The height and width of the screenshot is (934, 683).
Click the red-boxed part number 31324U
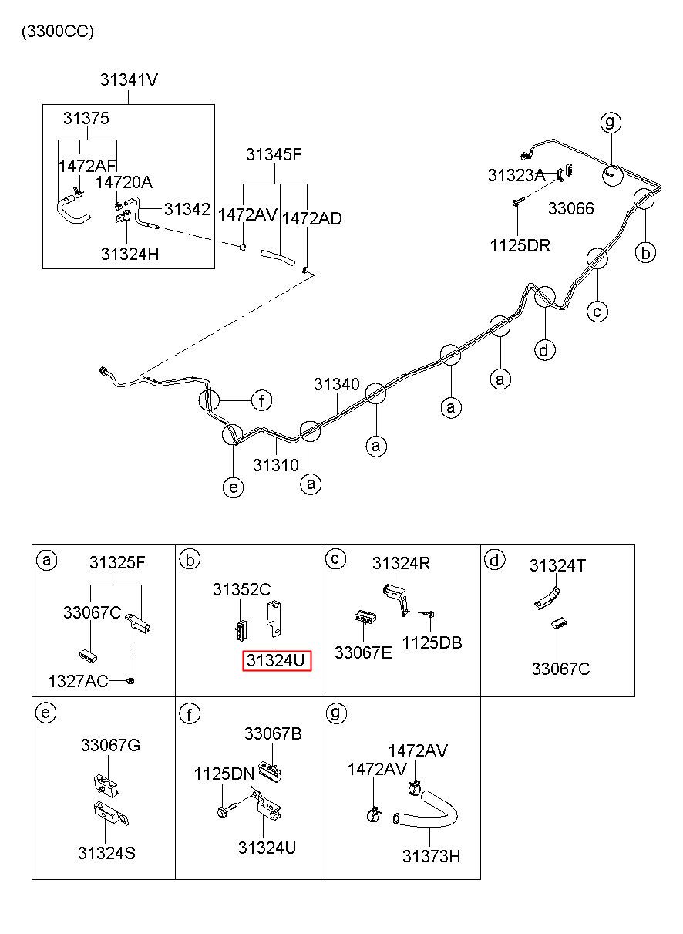point(277,660)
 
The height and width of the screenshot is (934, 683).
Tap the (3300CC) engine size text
point(58,32)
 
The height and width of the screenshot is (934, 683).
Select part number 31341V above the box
point(130,79)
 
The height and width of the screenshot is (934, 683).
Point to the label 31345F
point(274,155)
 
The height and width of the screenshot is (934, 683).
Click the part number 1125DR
point(520,245)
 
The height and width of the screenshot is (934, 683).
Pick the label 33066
point(570,208)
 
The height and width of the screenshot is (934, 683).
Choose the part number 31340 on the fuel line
point(336,384)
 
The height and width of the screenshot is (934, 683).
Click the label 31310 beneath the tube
point(276,465)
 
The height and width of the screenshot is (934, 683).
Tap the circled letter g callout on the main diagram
point(611,122)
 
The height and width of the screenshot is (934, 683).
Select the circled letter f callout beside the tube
point(261,401)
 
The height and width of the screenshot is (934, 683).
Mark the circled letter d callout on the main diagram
point(545,350)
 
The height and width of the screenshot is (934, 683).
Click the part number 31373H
point(431,856)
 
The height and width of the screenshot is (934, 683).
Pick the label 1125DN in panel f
point(224,774)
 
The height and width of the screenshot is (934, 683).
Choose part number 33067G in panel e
point(110,745)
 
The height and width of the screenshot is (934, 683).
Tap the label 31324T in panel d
point(557,566)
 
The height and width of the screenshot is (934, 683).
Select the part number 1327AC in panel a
point(79,681)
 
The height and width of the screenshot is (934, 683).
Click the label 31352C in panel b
point(242,589)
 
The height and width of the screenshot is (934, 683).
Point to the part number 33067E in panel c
point(363,652)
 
